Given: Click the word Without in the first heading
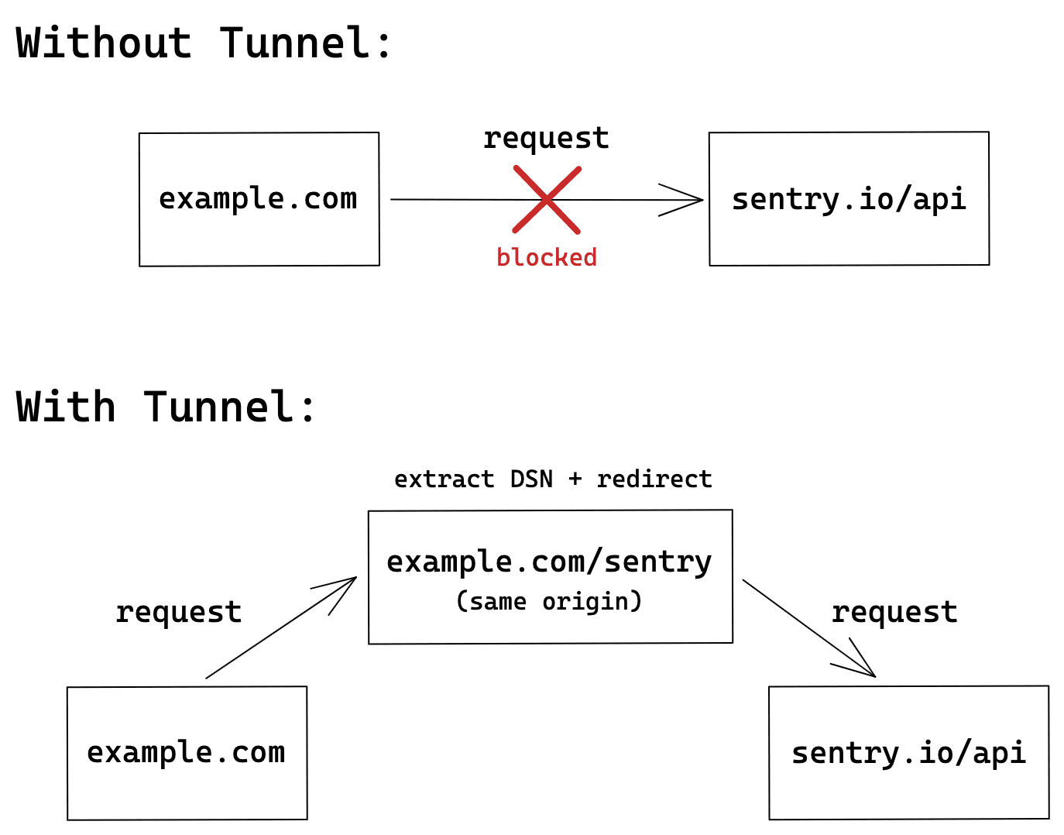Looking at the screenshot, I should [x=104, y=43].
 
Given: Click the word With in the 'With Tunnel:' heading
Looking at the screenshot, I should [x=66, y=407].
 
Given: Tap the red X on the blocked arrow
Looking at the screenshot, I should [x=547, y=200].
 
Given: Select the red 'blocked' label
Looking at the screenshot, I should [x=547, y=257].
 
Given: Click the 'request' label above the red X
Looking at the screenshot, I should [x=546, y=139].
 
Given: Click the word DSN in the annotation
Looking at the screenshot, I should [x=531, y=479].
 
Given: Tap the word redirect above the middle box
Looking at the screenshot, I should [x=654, y=479].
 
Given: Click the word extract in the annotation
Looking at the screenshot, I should [x=444, y=479].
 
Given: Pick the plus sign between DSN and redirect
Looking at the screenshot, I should [x=575, y=479].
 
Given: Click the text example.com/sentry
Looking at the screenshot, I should [x=549, y=562].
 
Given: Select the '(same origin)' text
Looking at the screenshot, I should [x=549, y=601].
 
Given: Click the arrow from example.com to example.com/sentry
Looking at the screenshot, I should [x=280, y=628].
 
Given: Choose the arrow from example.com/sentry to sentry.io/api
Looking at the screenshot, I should [x=809, y=628].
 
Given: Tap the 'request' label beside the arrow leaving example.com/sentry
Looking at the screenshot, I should [x=894, y=613].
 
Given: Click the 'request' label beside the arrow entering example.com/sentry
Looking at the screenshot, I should [x=178, y=613].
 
